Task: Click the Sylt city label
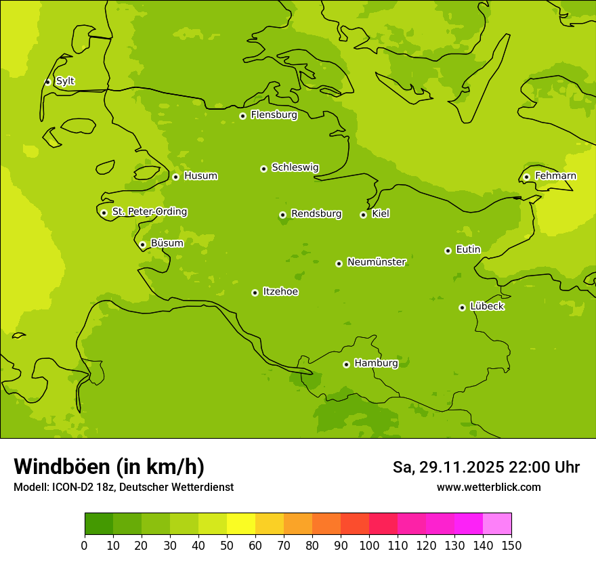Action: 65,81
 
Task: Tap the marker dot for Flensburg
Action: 242,116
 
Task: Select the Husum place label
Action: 200,176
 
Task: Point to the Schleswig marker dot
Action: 263,169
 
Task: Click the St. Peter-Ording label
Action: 149,212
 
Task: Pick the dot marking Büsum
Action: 142,244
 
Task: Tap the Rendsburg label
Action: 316,214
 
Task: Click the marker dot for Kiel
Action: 363,215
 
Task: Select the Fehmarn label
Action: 555,176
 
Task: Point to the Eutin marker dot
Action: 448,251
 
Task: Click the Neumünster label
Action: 376,262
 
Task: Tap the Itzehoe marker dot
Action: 255,293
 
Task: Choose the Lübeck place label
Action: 487,307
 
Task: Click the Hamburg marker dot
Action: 346,364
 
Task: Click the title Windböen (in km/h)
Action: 109,467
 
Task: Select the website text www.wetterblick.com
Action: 488,487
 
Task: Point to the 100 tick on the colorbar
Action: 369,545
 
